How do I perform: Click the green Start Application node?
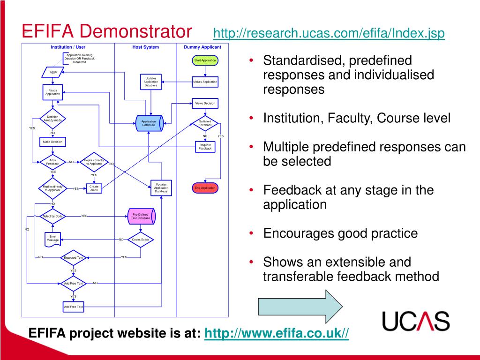pyautogui.click(x=205, y=60)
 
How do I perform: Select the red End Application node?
pyautogui.click(x=205, y=188)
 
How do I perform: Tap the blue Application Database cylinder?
pyautogui.click(x=149, y=123)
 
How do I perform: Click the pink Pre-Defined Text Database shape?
pyautogui.click(x=141, y=217)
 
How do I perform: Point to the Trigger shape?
pyautogui.click(x=52, y=72)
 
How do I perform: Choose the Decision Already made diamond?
pyautogui.click(x=52, y=119)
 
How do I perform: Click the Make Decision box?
pyautogui.click(x=52, y=142)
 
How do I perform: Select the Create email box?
pyautogui.click(x=94, y=188)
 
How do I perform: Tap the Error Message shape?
pyautogui.click(x=52, y=239)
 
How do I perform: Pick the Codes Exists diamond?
pyautogui.click(x=141, y=240)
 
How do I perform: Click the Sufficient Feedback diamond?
pyautogui.click(x=205, y=123)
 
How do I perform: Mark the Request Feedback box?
pyautogui.click(x=205, y=147)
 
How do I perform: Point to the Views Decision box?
pyautogui.click(x=205, y=103)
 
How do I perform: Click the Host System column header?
pyautogui.click(x=145, y=47)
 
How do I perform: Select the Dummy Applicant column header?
pyautogui.click(x=202, y=47)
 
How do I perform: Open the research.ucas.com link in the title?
pyautogui.click(x=329, y=34)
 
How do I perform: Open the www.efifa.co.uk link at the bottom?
pyautogui.click(x=277, y=333)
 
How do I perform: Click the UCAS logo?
pyautogui.click(x=416, y=321)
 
